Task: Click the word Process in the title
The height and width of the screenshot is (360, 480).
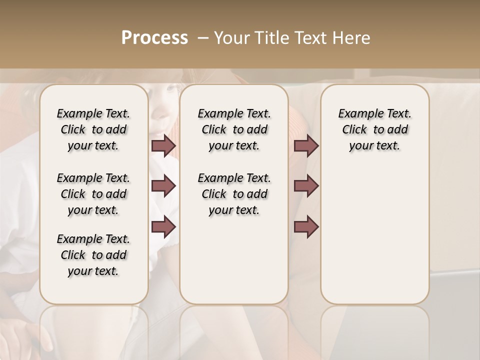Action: [154, 37]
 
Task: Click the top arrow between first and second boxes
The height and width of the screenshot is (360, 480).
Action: [163, 145]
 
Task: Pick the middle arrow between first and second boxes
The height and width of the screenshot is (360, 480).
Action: [163, 186]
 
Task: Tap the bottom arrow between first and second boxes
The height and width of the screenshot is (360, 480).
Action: [163, 226]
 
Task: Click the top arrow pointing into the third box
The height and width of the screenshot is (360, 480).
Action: [306, 145]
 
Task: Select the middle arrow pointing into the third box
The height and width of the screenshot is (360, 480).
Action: [306, 186]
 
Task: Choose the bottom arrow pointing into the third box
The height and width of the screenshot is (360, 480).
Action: [306, 226]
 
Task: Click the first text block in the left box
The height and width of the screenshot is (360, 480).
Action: [93, 129]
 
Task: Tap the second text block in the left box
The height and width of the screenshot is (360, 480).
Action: [93, 194]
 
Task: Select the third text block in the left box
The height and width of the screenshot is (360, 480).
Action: [93, 255]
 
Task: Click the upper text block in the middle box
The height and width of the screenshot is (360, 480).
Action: [234, 129]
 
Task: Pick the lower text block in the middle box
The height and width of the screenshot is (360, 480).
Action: [234, 194]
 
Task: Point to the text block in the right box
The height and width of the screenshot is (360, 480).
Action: [375, 129]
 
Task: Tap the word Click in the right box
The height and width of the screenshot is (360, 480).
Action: [354, 130]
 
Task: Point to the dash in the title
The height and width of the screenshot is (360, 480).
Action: [203, 37]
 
